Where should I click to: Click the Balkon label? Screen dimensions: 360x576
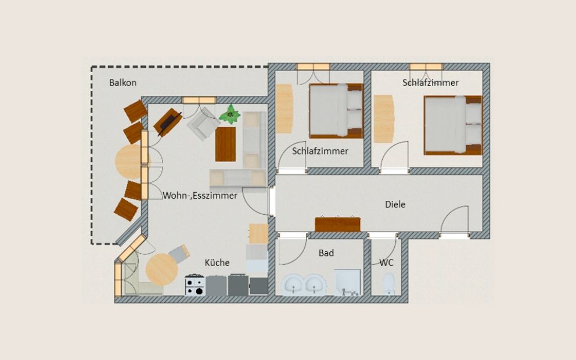[x=123, y=82]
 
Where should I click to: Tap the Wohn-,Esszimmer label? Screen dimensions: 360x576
[x=200, y=196]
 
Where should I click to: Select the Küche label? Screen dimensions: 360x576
[x=217, y=262]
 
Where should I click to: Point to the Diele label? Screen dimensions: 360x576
[x=395, y=204]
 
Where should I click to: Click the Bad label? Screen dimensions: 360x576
[x=326, y=253]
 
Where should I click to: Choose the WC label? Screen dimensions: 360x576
[x=386, y=262]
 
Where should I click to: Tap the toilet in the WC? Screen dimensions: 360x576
[x=388, y=285]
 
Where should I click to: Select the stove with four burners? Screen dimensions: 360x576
[x=195, y=285]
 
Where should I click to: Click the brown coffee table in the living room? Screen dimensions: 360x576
[x=225, y=144]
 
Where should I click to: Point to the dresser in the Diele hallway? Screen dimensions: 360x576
[x=337, y=224]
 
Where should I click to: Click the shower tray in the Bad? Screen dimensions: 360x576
[x=348, y=282]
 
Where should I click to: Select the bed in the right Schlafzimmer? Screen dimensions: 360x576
[x=453, y=125]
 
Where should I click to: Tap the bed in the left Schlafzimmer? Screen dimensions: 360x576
[x=336, y=110]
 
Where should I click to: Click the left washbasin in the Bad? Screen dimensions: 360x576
[x=294, y=285]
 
